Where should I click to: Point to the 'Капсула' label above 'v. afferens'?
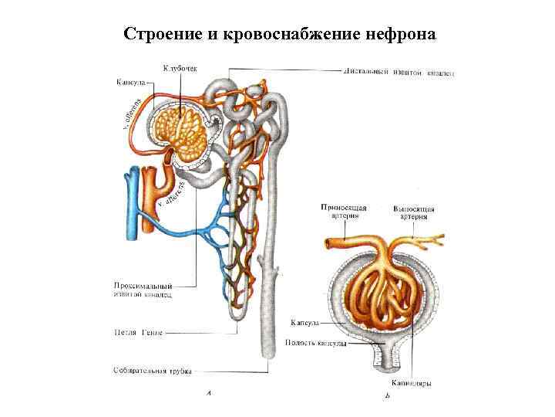[x=131, y=82]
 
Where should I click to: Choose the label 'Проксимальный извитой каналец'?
[x=139, y=290]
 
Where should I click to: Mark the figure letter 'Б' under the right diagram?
[x=386, y=397]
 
